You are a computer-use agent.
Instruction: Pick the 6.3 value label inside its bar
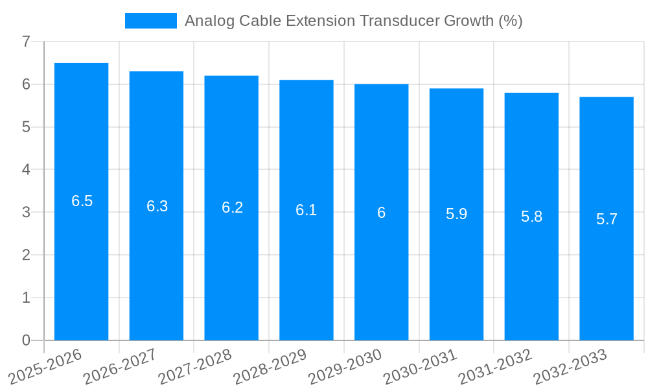point(157,206)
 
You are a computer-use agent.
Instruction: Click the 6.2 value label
point(232,207)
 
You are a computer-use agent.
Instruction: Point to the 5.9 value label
point(456,214)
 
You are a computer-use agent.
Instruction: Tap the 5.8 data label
point(531,217)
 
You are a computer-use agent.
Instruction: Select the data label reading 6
point(381,213)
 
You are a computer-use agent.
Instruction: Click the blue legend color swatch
point(150,21)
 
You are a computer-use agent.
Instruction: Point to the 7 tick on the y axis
point(26,41)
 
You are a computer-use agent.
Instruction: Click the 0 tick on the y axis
point(26,340)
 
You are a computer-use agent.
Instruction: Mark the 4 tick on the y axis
point(26,170)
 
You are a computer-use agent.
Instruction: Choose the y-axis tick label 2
point(26,255)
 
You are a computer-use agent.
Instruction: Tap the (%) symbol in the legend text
point(510,21)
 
